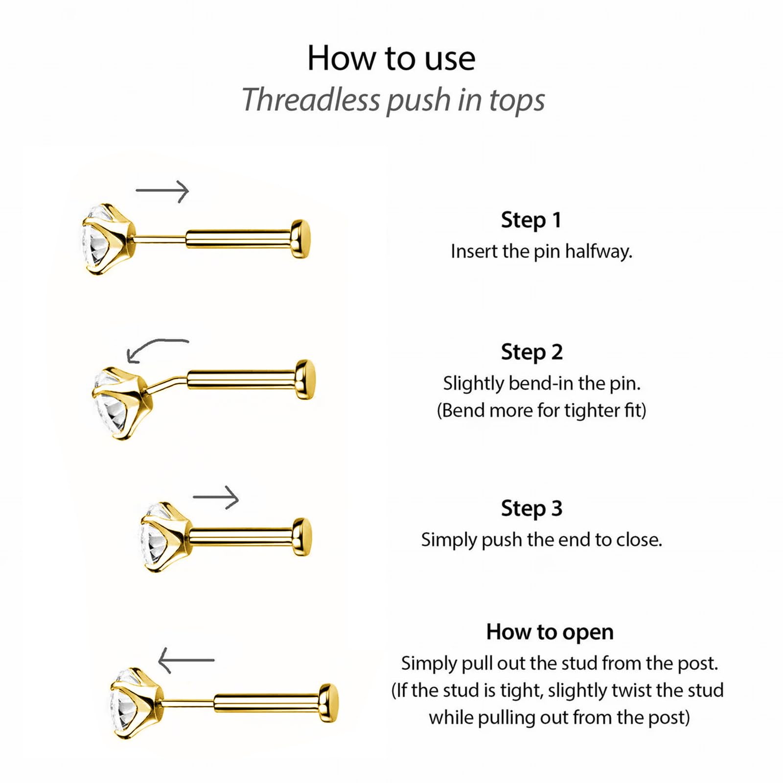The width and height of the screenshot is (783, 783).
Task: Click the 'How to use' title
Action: click(391, 58)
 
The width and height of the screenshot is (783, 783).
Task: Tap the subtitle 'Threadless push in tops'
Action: click(393, 100)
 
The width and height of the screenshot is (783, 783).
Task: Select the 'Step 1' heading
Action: click(531, 220)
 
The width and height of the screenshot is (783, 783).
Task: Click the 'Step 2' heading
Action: click(531, 352)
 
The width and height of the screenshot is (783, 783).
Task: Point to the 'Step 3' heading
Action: click(531, 508)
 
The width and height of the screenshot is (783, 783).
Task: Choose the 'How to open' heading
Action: click(550, 632)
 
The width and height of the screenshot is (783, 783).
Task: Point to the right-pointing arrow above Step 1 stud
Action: click(162, 191)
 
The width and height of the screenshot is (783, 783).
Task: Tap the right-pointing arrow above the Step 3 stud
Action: click(216, 497)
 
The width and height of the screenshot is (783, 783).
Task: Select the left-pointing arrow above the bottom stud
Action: click(186, 660)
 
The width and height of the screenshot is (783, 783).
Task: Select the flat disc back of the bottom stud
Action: click(328, 703)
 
